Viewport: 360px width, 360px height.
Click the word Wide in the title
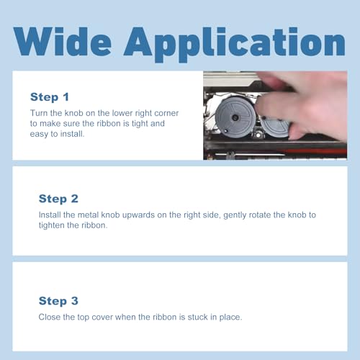click(63, 41)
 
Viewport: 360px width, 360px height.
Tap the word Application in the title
click(235, 45)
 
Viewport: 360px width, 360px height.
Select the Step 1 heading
click(50, 97)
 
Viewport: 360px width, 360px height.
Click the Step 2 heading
click(58, 199)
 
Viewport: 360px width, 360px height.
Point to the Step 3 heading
click(58, 301)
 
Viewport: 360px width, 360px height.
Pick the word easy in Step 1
click(39, 134)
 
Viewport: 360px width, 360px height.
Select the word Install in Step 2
click(50, 215)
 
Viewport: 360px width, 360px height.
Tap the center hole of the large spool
click(235, 117)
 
